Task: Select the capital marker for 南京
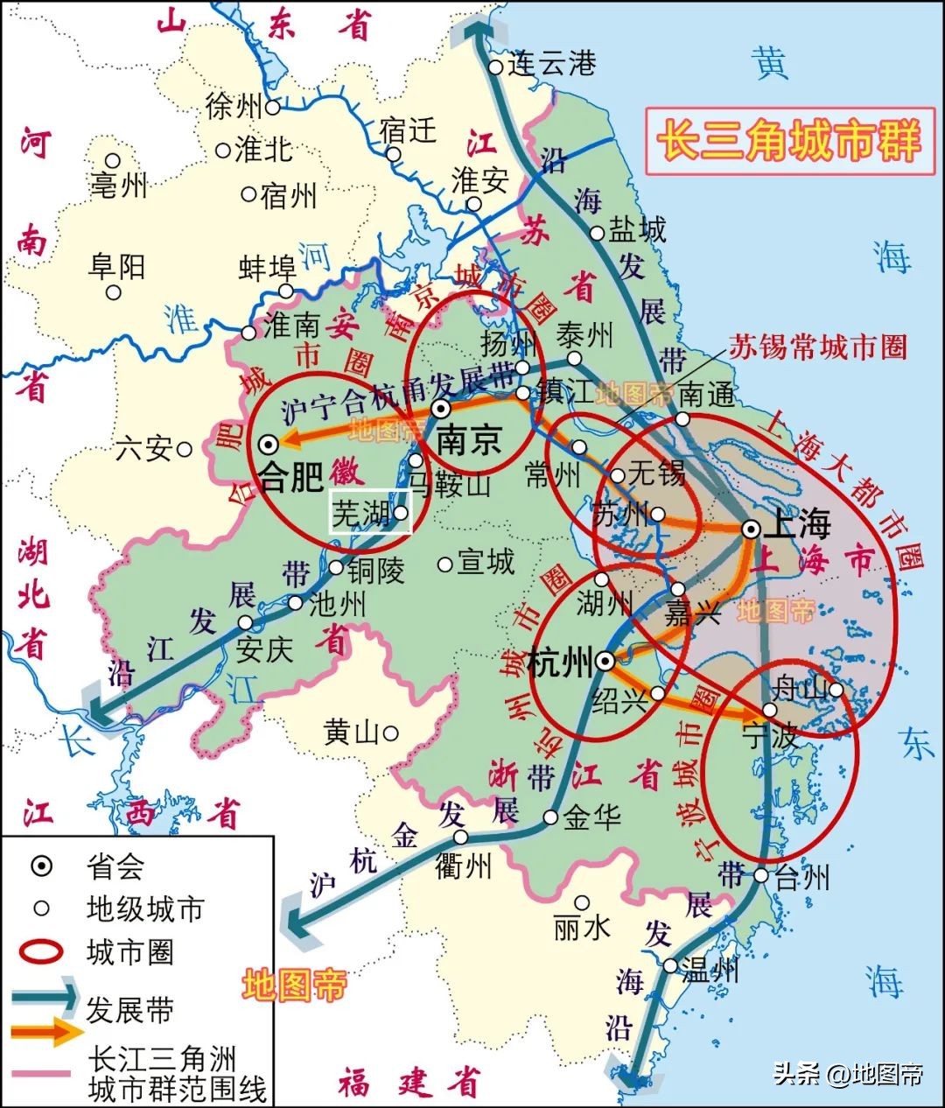(443, 409)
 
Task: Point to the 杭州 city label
(560, 663)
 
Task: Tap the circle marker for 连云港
(496, 67)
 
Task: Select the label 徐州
(234, 107)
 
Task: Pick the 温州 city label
(710, 969)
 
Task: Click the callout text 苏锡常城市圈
(818, 347)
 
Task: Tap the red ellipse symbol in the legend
(40, 952)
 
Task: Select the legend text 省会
(115, 866)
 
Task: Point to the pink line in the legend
(40, 1074)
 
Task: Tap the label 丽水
(581, 927)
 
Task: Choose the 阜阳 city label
(116, 266)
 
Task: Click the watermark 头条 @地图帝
(848, 1073)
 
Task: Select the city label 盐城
(637, 230)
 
